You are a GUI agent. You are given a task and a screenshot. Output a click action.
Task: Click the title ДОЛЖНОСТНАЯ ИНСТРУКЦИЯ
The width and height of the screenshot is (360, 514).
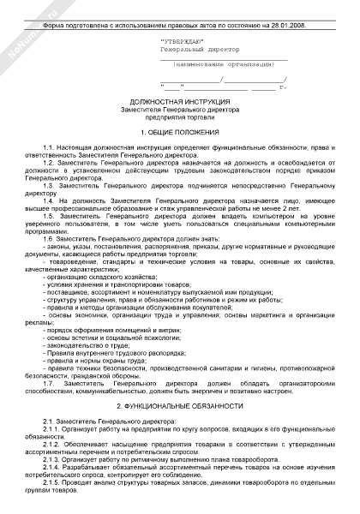point(180,101)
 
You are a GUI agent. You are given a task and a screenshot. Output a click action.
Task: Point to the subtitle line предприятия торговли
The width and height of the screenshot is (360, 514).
point(180,117)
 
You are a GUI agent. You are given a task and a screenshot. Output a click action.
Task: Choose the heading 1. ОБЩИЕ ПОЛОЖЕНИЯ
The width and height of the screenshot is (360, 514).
point(180,134)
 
